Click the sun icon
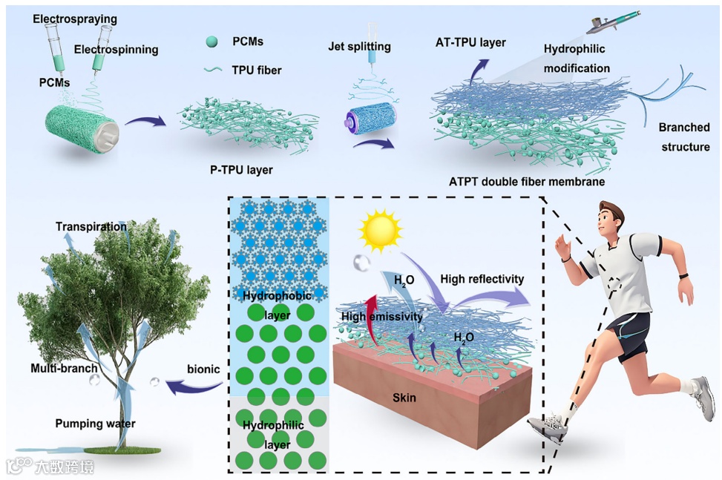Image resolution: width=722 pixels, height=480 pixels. point(380,229)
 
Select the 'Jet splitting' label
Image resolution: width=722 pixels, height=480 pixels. point(360,46)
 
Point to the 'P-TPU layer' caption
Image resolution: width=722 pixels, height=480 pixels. point(237,170)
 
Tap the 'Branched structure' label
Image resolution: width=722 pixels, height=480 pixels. point(684,137)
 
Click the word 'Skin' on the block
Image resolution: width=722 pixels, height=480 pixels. point(404,398)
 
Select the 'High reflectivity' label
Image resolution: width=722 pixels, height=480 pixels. point(482,279)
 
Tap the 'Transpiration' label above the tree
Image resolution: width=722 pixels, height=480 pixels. point(91,226)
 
